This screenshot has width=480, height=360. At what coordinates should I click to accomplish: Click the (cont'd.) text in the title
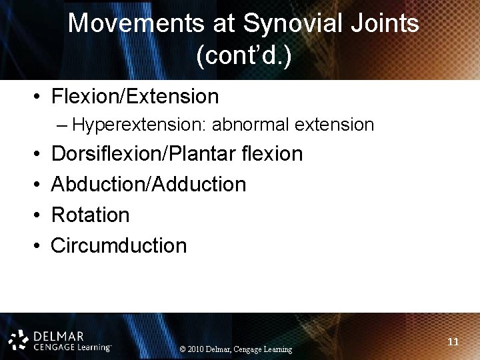point(243,56)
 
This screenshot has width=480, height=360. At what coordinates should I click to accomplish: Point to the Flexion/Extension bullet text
point(135,97)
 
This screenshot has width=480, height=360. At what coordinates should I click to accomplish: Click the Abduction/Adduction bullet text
point(148,185)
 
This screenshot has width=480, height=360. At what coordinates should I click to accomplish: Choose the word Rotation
point(90,215)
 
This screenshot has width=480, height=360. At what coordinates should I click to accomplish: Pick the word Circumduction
point(119,246)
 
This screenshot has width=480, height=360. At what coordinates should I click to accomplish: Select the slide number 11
point(453,342)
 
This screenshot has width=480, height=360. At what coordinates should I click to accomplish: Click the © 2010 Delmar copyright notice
point(236,349)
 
